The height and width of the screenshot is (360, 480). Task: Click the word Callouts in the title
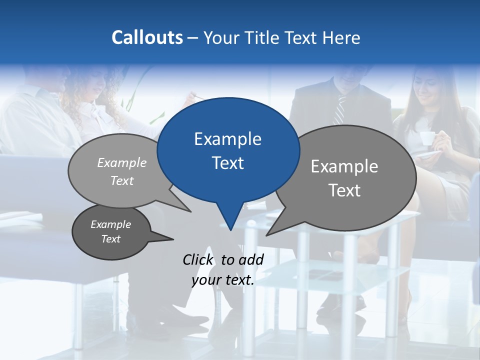[x=147, y=37]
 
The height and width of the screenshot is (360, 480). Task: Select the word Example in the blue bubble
[x=227, y=139]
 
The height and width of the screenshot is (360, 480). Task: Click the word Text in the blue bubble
[x=227, y=163]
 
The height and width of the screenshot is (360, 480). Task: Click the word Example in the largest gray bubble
[x=344, y=166]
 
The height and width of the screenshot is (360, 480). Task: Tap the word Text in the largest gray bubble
[x=344, y=190]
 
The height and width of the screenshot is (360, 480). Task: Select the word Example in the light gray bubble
[x=122, y=163]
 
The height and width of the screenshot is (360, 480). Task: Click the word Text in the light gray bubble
[x=122, y=181]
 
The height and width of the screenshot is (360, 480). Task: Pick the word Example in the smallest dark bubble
[x=110, y=224]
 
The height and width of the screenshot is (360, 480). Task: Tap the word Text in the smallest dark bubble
[x=110, y=239]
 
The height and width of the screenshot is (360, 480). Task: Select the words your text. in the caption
[x=223, y=280]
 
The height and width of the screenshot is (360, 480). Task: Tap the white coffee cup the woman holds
[x=426, y=138]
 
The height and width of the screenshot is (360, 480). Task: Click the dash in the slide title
[x=193, y=37]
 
